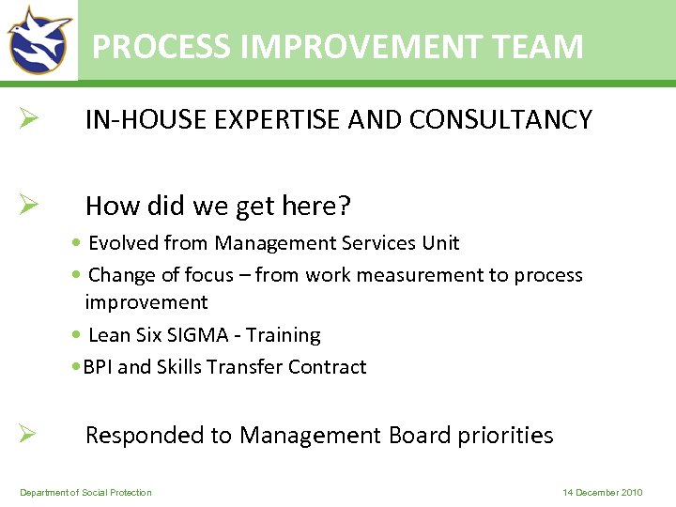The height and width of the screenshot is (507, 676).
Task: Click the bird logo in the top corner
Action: (x=39, y=39)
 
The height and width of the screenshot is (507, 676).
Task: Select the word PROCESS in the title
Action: (x=161, y=46)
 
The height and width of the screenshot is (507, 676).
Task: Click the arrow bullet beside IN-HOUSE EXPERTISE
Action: (x=27, y=119)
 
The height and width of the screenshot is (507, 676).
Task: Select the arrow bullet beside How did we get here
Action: (x=27, y=205)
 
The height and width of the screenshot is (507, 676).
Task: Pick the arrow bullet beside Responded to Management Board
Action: (x=27, y=434)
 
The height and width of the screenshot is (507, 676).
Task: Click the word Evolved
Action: (x=123, y=243)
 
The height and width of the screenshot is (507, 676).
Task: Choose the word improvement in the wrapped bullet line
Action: (x=146, y=302)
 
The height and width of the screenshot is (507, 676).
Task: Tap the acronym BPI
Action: (x=98, y=367)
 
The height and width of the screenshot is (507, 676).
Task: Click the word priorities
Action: (x=506, y=436)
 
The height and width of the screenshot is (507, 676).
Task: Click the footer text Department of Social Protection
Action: (x=85, y=493)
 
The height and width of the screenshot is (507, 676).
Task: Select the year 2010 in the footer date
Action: (x=631, y=493)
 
